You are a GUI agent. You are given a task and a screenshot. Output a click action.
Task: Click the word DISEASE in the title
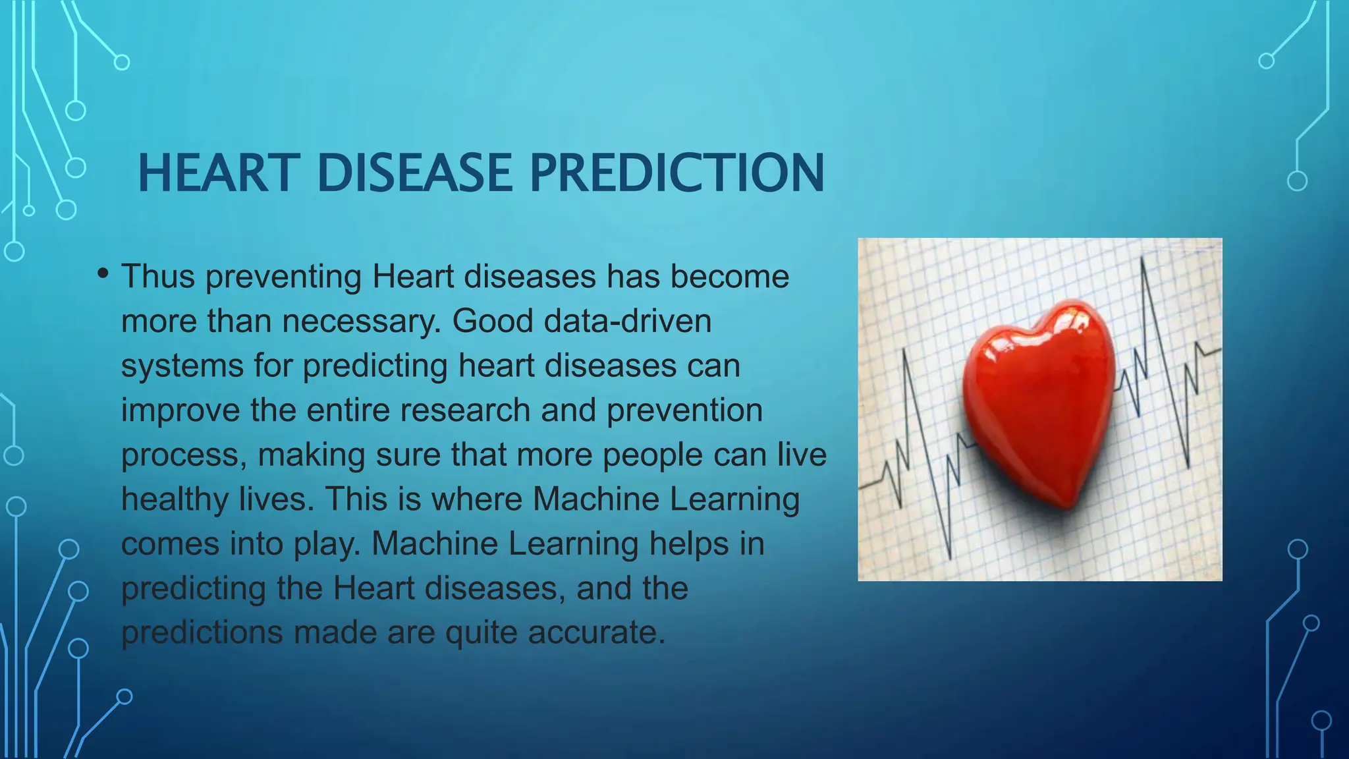(414, 173)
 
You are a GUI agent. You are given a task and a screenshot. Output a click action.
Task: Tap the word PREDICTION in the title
(676, 173)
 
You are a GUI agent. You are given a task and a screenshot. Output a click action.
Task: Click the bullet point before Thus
(103, 273)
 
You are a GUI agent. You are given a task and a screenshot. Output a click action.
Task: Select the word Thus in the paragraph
(158, 276)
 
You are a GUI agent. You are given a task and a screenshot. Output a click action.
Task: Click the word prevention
(684, 410)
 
